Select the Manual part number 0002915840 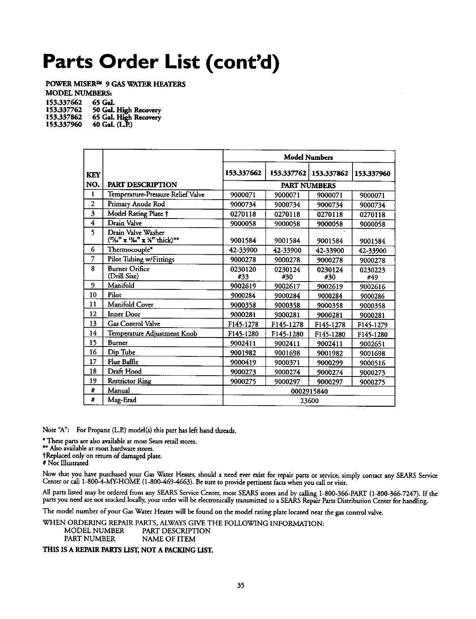[x=309, y=391]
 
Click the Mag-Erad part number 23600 [x=309, y=401]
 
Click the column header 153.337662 [x=243, y=174]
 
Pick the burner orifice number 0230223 [x=374, y=270]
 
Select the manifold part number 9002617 [x=287, y=287]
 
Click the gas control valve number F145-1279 [x=373, y=325]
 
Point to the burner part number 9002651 [x=374, y=344]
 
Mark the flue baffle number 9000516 [x=374, y=363]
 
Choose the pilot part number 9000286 [x=374, y=296]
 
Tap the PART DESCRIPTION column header [x=142, y=185]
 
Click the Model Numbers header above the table [x=308, y=157]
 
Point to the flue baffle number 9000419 [x=243, y=363]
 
